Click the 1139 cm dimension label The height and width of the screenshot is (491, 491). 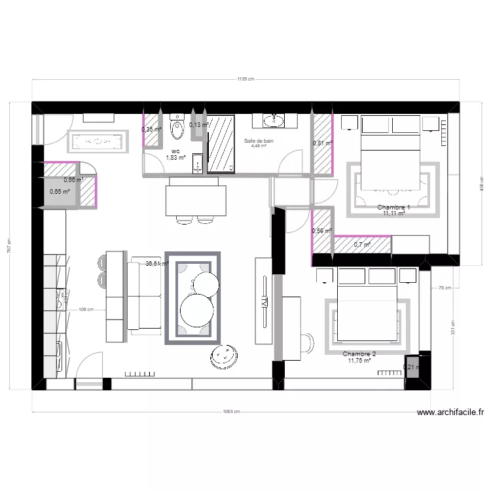pos(245,79)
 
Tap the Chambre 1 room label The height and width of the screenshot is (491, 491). pos(394,207)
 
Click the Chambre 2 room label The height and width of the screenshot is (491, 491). pos(359,354)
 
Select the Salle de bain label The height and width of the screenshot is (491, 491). pos(259,141)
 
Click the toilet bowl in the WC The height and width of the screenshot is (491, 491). pos(177,130)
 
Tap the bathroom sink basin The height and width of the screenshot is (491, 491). pos(273,120)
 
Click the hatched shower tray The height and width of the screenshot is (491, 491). pos(221,144)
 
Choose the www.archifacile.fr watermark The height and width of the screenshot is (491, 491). pos(450,412)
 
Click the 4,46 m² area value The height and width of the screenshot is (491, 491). pos(259,147)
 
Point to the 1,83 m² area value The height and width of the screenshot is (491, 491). pos(175,158)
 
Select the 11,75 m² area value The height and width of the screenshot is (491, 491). pos(359,360)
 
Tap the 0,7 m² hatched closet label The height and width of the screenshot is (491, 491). pos(362,245)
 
